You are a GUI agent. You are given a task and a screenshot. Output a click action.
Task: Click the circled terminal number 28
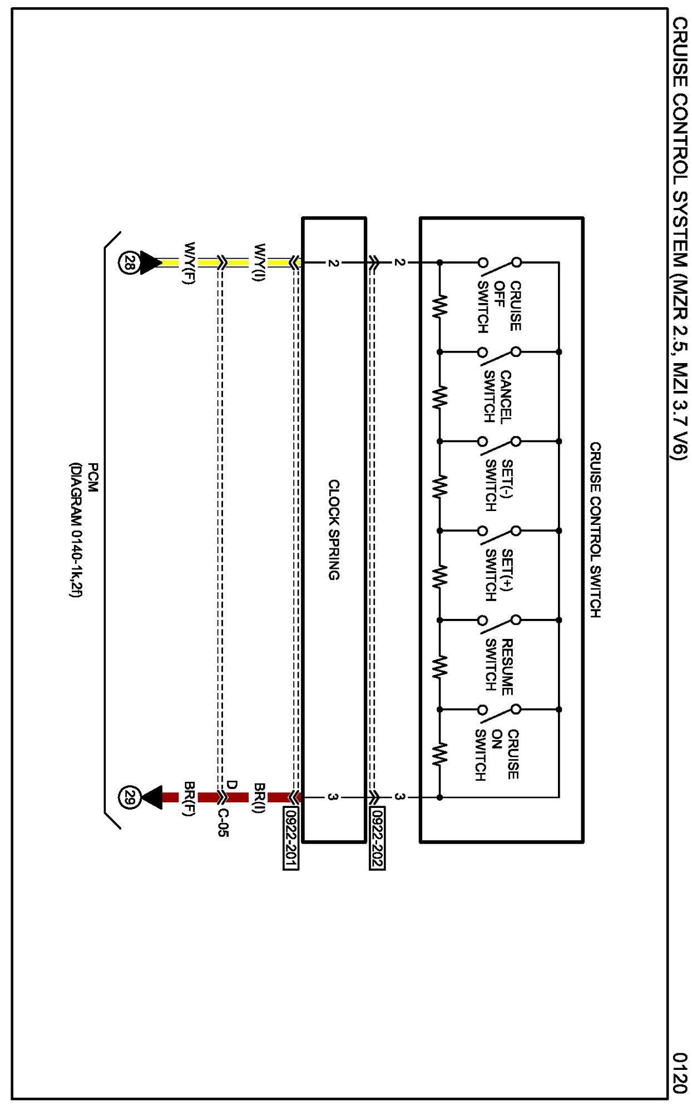coord(129,262)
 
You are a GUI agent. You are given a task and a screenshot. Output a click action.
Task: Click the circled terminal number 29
coord(129,797)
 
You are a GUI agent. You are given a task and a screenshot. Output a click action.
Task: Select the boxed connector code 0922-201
coord(290,838)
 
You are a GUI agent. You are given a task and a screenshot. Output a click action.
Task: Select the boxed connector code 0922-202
coord(377,838)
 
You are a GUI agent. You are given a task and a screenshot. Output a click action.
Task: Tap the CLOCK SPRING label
coord(333,529)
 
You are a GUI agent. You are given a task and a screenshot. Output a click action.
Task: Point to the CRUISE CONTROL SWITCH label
coord(595,529)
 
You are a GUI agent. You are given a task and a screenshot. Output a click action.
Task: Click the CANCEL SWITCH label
coord(497,397)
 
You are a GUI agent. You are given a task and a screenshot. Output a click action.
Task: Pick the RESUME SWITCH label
coord(498,666)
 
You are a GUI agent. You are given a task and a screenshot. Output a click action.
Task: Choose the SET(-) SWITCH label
coord(498,485)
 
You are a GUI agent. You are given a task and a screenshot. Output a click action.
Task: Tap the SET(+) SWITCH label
coord(498,575)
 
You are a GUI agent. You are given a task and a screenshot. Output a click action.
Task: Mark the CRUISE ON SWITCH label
coord(497,755)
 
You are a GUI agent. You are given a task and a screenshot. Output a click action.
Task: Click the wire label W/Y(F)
coord(190,262)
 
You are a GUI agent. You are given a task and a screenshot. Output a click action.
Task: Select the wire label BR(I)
coord(259,797)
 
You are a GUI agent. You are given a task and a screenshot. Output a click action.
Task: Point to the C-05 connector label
coord(223,822)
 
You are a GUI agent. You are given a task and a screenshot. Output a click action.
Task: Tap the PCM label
coord(93,477)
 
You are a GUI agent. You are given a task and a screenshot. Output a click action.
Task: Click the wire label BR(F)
coord(190,797)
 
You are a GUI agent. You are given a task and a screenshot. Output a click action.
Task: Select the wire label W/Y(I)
coord(259,262)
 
